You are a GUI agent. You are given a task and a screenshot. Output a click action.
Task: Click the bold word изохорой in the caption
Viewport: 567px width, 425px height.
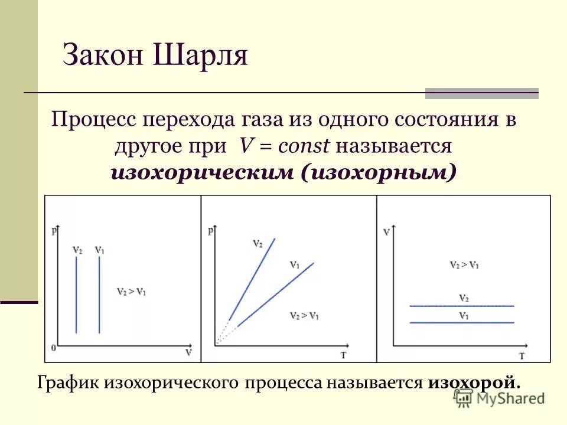[x=472, y=382]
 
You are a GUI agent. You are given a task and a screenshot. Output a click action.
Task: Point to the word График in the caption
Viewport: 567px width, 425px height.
[x=69, y=382]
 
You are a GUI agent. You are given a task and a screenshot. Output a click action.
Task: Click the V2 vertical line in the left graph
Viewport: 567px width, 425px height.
[x=76, y=295]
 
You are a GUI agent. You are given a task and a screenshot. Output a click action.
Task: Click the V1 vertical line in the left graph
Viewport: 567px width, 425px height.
[x=99, y=295]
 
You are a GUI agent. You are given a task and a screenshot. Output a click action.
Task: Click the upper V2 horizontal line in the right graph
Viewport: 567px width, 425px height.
[x=462, y=306]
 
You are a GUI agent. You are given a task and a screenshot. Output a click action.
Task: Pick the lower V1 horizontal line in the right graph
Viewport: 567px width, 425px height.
[x=462, y=322]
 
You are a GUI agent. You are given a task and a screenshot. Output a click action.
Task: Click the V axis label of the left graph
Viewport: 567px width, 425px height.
[x=188, y=352]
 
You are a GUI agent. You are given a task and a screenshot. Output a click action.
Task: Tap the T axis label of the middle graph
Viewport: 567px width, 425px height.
[x=344, y=355]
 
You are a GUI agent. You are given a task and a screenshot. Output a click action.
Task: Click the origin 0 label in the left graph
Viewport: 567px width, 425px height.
[x=54, y=348]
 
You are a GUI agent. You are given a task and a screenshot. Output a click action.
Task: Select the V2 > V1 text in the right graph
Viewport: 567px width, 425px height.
[x=462, y=264]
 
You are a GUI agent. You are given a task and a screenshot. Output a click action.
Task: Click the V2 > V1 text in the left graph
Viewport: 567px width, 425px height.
[x=132, y=291]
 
